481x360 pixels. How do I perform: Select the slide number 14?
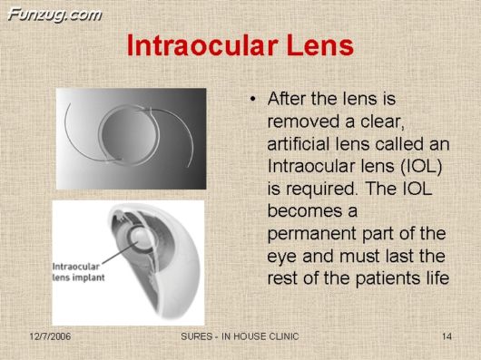tap(447, 337)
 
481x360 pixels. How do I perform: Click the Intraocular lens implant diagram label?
tap(83, 270)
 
